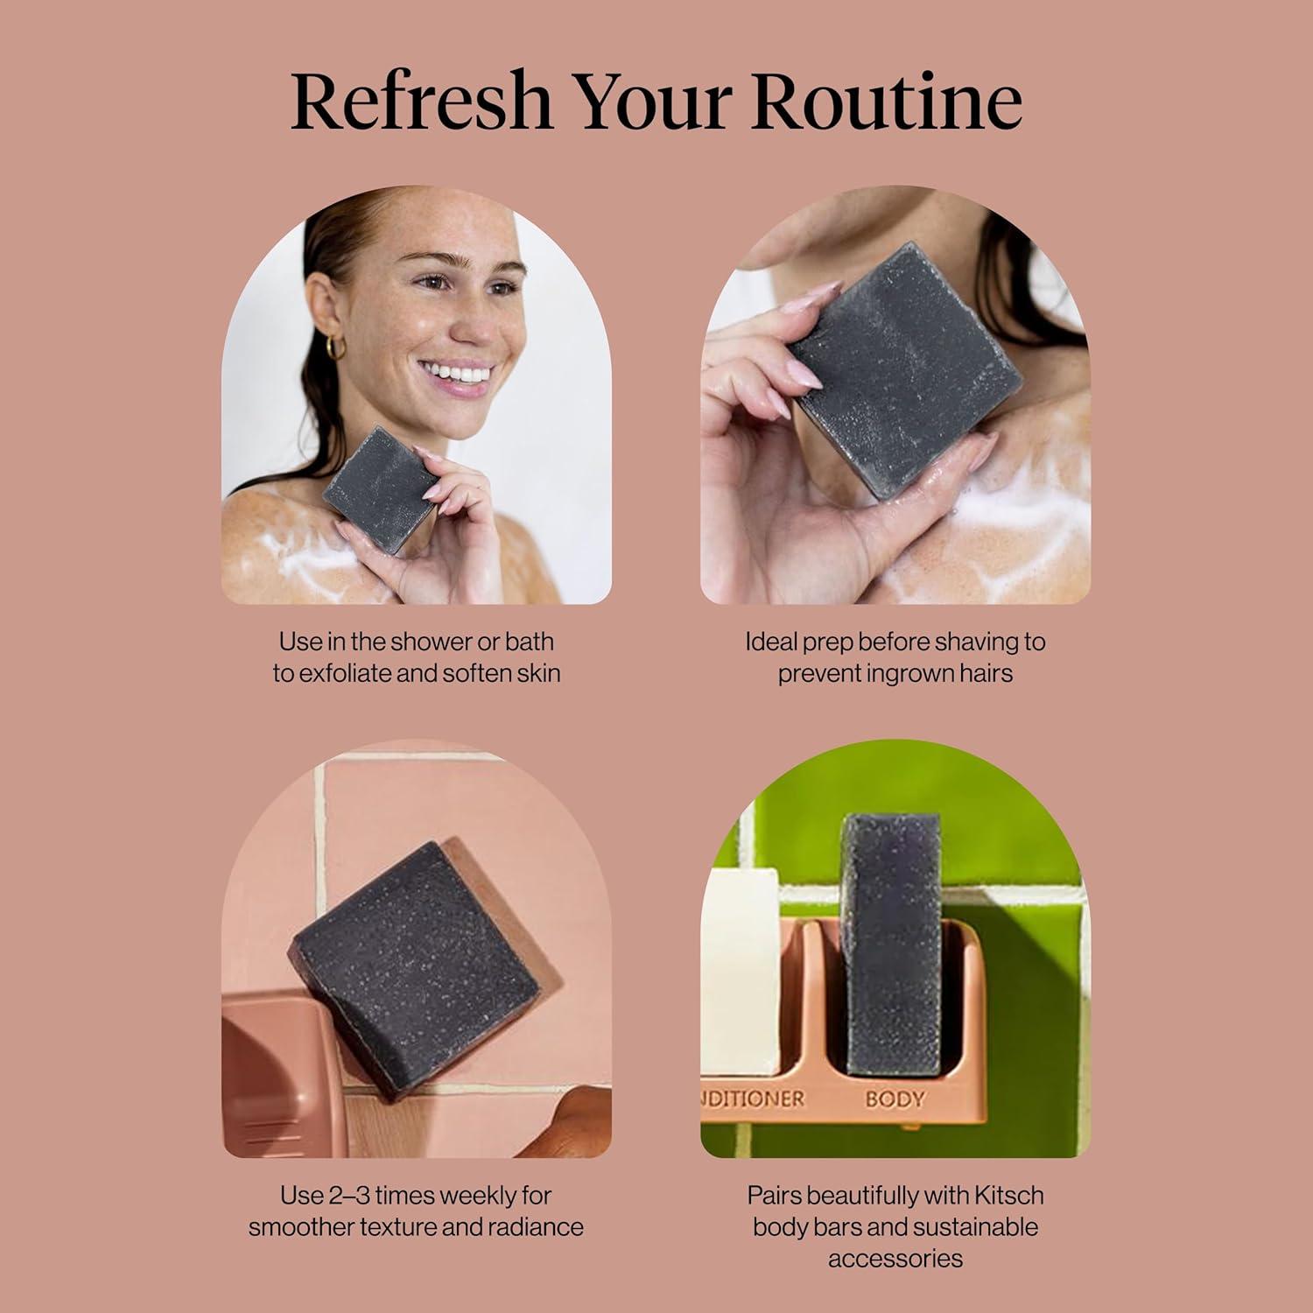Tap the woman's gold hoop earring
[x=335, y=348]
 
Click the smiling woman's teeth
[x=461, y=374]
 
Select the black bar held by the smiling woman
[x=379, y=489]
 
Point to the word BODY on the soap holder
[x=895, y=1099]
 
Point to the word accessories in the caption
[x=895, y=1259]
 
